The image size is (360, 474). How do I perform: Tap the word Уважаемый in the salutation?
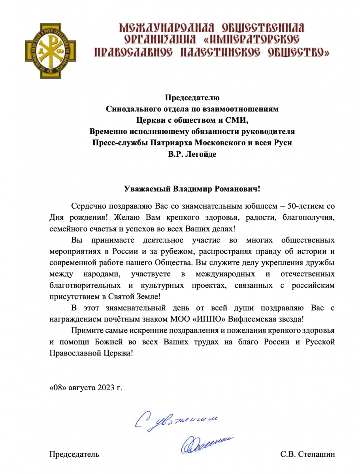pyautogui.click(x=146, y=188)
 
